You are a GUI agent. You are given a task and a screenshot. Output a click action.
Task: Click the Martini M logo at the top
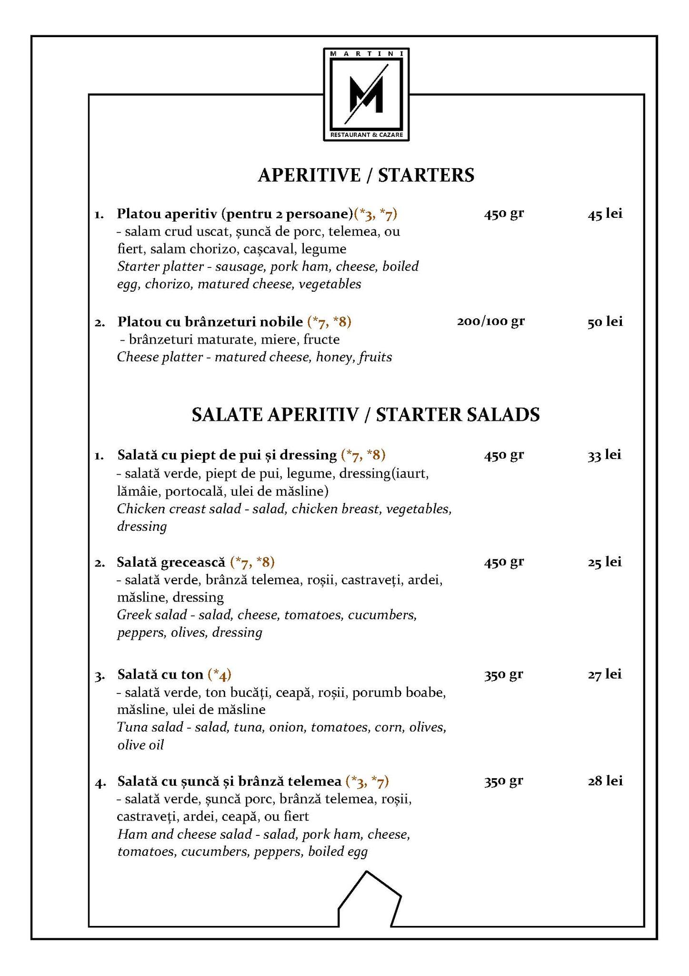point(366,94)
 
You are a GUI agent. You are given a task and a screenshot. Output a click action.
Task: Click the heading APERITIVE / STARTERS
point(366,175)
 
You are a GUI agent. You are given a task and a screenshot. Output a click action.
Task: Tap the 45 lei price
point(605,214)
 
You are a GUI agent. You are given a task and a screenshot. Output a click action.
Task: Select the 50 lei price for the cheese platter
point(605,322)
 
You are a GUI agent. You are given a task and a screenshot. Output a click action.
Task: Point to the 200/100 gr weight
point(490,321)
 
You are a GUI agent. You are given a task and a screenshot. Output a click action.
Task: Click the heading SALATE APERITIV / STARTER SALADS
point(366,415)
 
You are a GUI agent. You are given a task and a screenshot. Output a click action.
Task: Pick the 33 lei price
point(604,455)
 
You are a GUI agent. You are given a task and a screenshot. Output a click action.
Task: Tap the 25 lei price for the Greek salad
point(604,562)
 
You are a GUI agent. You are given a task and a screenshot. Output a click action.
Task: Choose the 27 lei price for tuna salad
point(604,674)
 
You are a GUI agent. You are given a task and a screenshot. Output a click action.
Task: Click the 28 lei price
point(605,781)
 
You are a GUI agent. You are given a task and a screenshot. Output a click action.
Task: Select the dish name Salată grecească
point(171,562)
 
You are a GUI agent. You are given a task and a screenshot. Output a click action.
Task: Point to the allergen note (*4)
point(220,675)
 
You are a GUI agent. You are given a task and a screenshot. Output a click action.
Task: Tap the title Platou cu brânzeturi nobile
point(210,322)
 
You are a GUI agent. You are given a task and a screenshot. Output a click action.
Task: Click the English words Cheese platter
point(160,357)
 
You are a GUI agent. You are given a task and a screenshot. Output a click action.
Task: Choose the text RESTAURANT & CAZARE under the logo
point(366,135)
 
